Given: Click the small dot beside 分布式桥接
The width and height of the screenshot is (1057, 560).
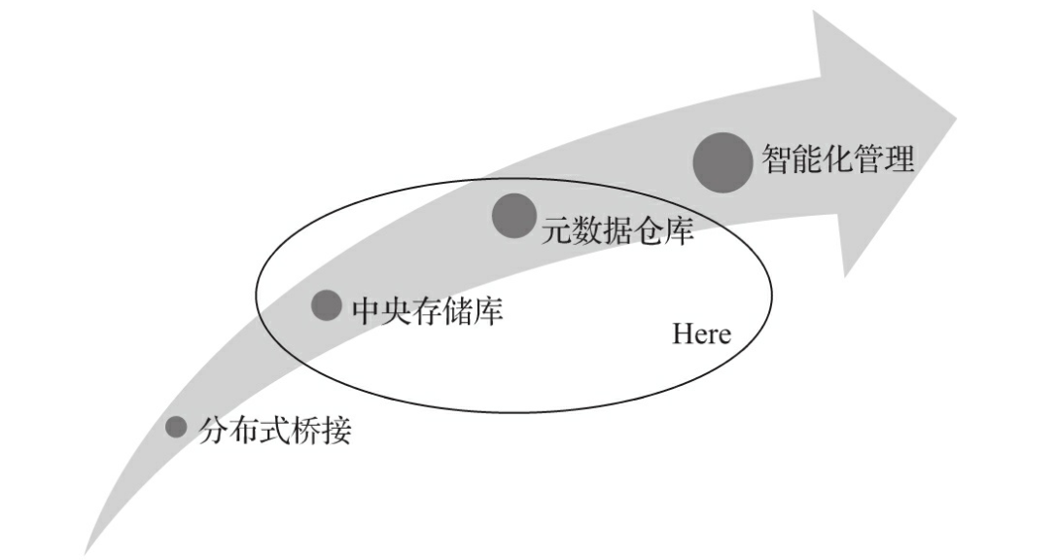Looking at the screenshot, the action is tap(176, 427).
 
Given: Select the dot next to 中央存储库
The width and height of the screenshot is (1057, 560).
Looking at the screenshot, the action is tap(326, 304).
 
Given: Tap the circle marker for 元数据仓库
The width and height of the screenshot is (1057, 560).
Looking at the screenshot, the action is tap(513, 215).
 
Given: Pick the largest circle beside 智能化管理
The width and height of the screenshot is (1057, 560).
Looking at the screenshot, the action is tap(722, 161).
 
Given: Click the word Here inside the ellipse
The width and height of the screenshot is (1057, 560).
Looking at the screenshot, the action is tap(701, 334).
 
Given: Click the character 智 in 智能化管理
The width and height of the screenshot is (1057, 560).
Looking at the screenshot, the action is tap(778, 158).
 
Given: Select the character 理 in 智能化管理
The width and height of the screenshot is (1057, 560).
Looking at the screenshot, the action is tap(899, 158).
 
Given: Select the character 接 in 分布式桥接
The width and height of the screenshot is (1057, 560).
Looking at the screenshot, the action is tap(335, 430).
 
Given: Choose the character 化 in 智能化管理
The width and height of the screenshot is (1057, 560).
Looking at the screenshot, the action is tap(838, 158).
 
